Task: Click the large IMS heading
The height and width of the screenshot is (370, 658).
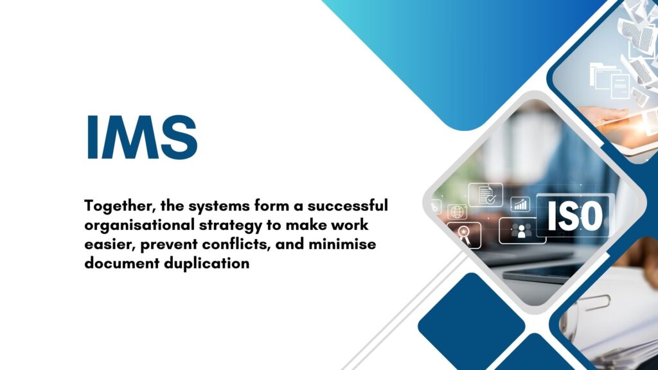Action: (142, 137)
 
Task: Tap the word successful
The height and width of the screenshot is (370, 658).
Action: (348, 206)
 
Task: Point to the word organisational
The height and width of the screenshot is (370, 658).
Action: (139, 225)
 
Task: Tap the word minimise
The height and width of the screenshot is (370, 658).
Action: (342, 244)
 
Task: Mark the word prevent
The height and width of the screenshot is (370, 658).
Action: (169, 245)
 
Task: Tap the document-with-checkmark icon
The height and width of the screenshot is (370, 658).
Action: (486, 195)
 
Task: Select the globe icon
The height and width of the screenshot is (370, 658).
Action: (457, 212)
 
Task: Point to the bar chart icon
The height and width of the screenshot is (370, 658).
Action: (520, 205)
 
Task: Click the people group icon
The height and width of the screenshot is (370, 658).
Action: (522, 231)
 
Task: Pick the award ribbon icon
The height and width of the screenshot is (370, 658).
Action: (464, 235)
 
